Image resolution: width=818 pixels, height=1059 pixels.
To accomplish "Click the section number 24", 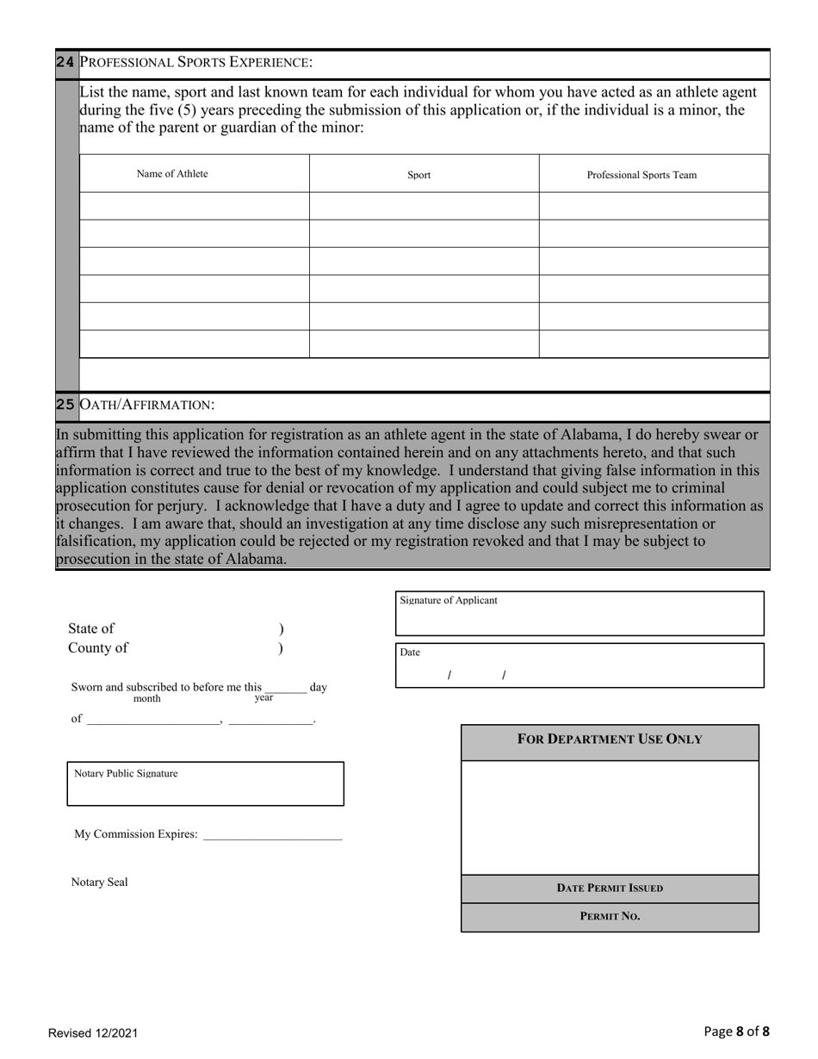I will [65, 62].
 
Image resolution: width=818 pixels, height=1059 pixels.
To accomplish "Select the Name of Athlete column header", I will [172, 174].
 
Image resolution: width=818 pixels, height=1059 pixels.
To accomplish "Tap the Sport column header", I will [419, 175].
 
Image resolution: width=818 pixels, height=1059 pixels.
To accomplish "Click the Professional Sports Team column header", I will [641, 175].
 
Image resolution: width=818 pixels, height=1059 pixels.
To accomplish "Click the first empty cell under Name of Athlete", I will [195, 206].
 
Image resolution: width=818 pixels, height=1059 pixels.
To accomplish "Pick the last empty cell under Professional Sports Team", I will [654, 344].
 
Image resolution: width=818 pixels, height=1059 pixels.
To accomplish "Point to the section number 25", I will [65, 405].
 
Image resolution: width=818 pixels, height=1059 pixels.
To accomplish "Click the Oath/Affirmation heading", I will [146, 405].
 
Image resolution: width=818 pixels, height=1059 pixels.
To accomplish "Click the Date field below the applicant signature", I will [579, 666].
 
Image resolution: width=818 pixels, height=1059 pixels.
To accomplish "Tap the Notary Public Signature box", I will [205, 784].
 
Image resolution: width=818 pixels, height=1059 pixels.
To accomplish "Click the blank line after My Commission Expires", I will [272, 833].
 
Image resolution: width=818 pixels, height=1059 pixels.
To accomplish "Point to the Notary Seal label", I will [99, 882].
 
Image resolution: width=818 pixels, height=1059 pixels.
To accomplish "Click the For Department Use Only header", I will [610, 740].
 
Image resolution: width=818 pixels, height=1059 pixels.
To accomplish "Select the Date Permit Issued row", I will [610, 889].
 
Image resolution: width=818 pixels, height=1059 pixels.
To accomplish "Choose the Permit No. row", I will [610, 917].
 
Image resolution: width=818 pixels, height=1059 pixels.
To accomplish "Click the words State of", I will [90, 629].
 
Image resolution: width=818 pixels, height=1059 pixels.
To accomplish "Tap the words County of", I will [98, 648].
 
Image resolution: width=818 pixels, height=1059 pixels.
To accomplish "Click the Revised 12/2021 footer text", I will [92, 1033].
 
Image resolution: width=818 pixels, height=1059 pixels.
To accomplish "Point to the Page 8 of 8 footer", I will [736, 1031].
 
